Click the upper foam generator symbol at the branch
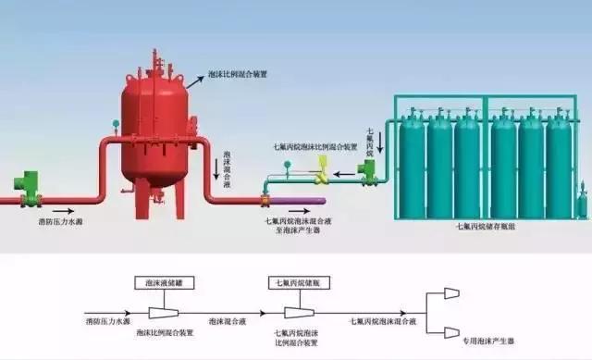point(451,293)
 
